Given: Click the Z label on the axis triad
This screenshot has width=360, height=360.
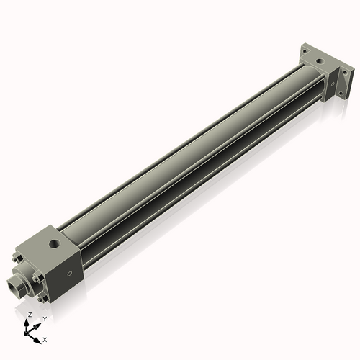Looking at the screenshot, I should (30, 315).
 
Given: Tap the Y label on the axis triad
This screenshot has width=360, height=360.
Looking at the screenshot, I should (45, 318).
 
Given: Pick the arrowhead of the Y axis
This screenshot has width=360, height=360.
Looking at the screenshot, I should (38, 323).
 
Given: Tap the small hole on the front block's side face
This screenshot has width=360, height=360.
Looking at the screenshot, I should (69, 274).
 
